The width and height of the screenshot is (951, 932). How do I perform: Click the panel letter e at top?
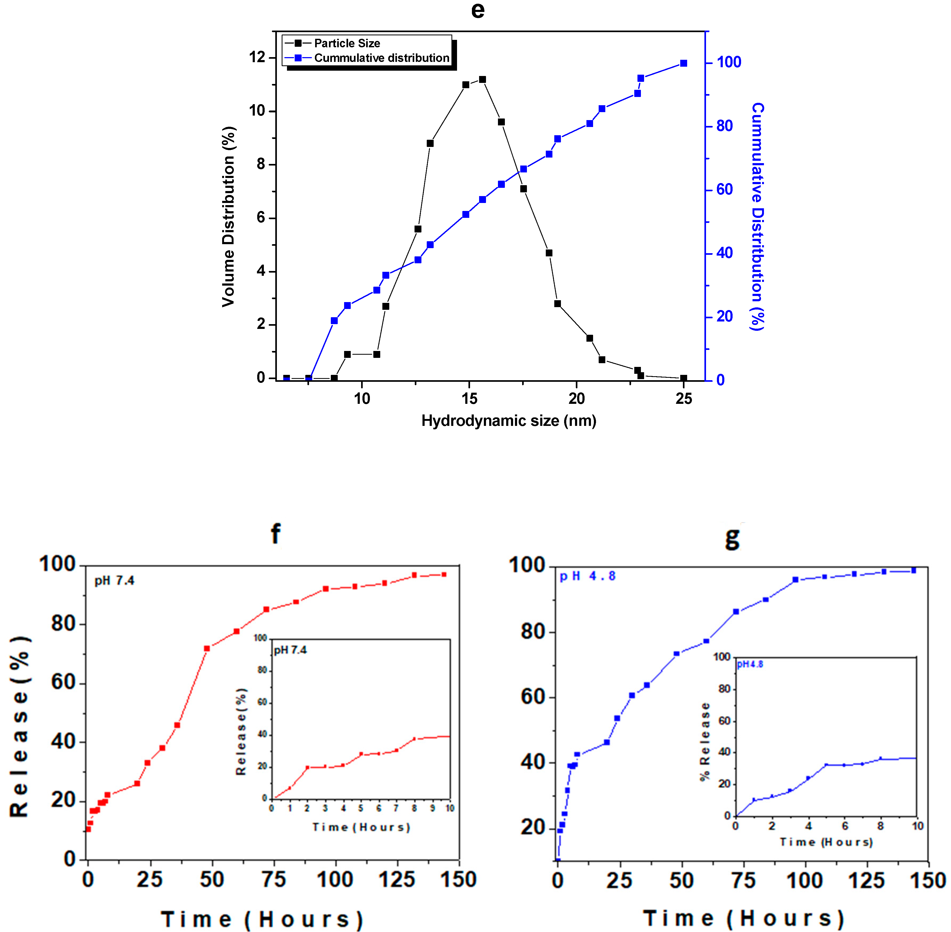point(478,11)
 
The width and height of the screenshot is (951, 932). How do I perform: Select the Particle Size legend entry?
point(346,43)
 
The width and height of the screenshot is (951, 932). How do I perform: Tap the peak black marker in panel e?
point(482,79)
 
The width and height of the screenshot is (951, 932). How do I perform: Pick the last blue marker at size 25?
point(684,63)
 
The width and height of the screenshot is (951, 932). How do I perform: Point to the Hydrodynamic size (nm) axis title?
point(509,421)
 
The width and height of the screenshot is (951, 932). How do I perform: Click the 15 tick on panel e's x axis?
point(469,399)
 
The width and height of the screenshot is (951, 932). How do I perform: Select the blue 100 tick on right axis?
point(729,62)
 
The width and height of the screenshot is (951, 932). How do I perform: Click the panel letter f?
point(276,533)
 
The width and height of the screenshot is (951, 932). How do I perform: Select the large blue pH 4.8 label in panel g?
point(587,576)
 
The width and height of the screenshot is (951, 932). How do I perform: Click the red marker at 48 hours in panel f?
point(206,649)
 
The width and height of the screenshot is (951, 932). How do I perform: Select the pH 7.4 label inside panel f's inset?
point(290,650)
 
